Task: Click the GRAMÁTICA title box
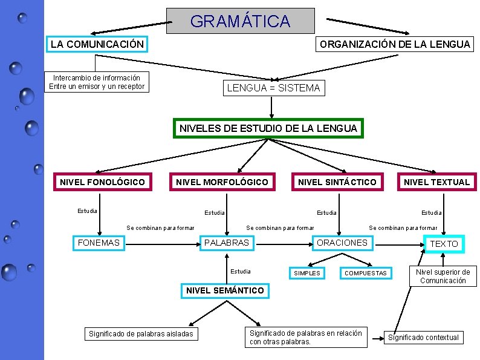coord(240,21)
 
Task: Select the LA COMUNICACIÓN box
coord(97,44)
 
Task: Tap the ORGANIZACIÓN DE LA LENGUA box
coord(395,44)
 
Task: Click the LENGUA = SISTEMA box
coord(273,88)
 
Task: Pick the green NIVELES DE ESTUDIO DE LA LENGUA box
coord(268,128)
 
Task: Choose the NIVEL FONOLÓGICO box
coord(102,182)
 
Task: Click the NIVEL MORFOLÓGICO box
coord(221,182)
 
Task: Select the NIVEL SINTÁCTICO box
coord(337,182)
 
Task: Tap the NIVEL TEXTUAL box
coord(436,182)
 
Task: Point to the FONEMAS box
coord(99,243)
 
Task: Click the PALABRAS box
coord(227,243)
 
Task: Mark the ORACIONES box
coord(342,243)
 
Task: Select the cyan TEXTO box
coord(444,243)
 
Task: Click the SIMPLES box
coord(307,273)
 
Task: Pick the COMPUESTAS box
coord(365,273)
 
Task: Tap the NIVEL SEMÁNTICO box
coord(225,290)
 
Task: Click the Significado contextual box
coord(423,338)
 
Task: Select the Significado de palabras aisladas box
coord(141,334)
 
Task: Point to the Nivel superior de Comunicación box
coord(443,277)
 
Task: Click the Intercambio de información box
coord(97,82)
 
